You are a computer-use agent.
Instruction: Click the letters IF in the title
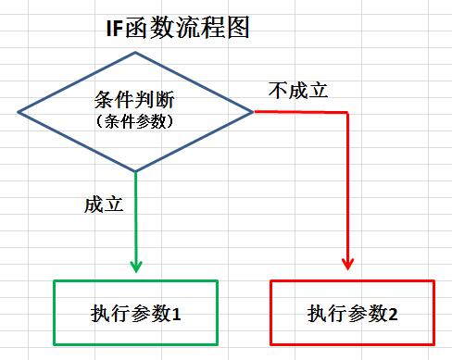(116, 30)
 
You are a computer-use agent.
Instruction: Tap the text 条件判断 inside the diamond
(135, 100)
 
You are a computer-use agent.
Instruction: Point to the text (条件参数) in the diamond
(135, 120)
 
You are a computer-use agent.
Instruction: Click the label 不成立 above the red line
(297, 91)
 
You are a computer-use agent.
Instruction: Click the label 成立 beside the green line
(103, 204)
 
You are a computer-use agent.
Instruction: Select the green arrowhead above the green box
(136, 266)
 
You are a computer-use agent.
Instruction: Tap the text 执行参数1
(136, 314)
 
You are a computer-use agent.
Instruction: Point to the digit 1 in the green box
(176, 315)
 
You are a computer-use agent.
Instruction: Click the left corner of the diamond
(19, 112)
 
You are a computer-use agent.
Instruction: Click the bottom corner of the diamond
(136, 170)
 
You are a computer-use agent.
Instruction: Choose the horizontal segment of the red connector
(301, 112)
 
